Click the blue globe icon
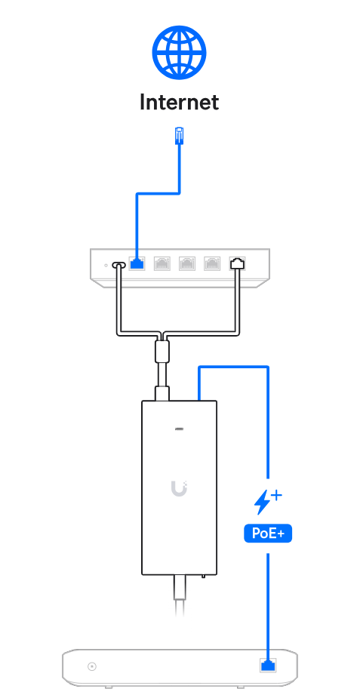click(x=179, y=53)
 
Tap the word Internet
click(x=179, y=102)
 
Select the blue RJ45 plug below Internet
click(x=179, y=135)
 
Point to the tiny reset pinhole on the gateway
click(x=106, y=265)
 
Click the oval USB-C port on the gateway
click(x=119, y=265)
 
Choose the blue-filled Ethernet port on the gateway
click(x=137, y=263)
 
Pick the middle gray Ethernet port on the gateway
click(x=187, y=263)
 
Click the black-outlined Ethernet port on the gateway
click(x=237, y=263)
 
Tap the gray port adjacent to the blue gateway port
click(x=162, y=263)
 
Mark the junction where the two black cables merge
click(x=162, y=334)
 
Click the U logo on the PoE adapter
click(x=179, y=488)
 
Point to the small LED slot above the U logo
click(x=179, y=429)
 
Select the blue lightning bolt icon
click(x=261, y=502)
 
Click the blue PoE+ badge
click(x=268, y=533)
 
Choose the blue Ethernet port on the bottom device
click(x=267, y=665)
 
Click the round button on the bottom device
click(x=92, y=666)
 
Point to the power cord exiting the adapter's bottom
click(x=180, y=595)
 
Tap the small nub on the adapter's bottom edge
click(x=203, y=577)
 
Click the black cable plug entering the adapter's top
click(x=162, y=393)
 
